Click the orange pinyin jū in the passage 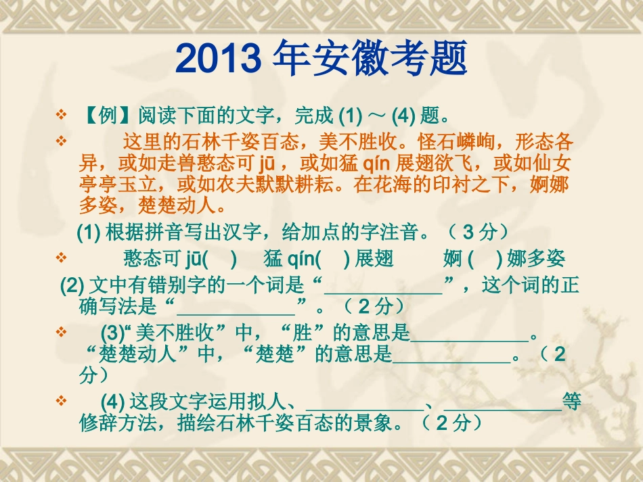266,164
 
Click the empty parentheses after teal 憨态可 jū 219,258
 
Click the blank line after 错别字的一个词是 383,287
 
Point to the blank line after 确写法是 236,307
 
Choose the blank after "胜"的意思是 469,334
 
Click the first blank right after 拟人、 365,403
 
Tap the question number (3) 111,333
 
